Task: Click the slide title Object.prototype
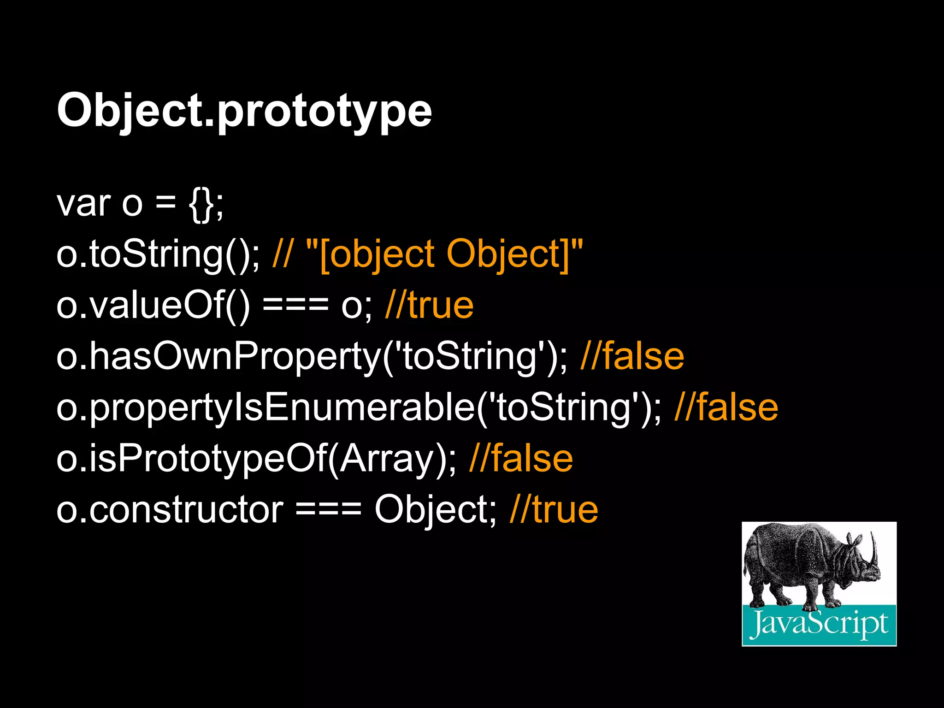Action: (x=244, y=111)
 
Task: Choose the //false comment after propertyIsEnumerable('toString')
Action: (x=726, y=408)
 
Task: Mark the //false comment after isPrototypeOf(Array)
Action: (x=521, y=459)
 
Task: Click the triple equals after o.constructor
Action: (x=328, y=510)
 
